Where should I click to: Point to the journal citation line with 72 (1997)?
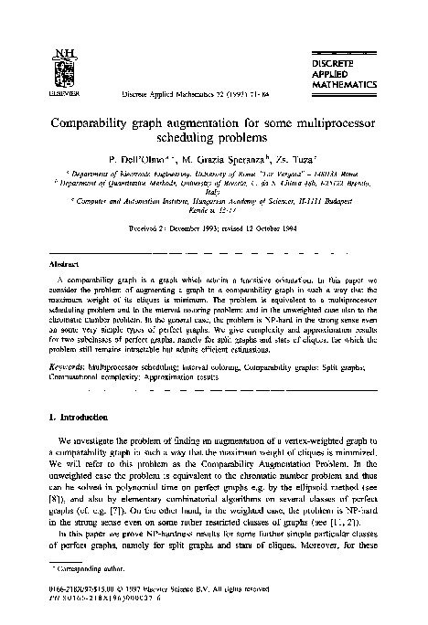point(178,94)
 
